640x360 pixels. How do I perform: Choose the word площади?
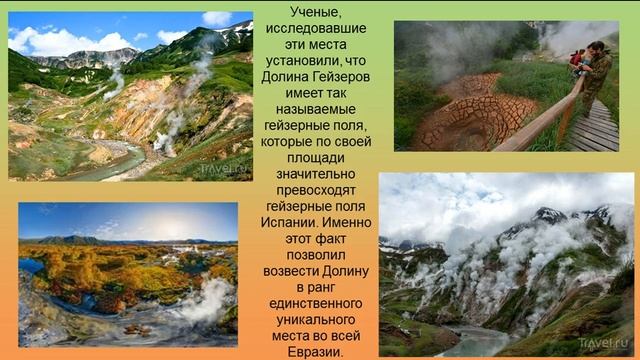click(315, 164)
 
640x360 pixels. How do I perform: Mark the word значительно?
click(316, 181)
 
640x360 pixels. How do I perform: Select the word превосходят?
click(316, 198)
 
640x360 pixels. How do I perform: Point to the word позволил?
click(315, 267)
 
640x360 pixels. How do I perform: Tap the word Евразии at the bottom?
click(314, 352)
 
